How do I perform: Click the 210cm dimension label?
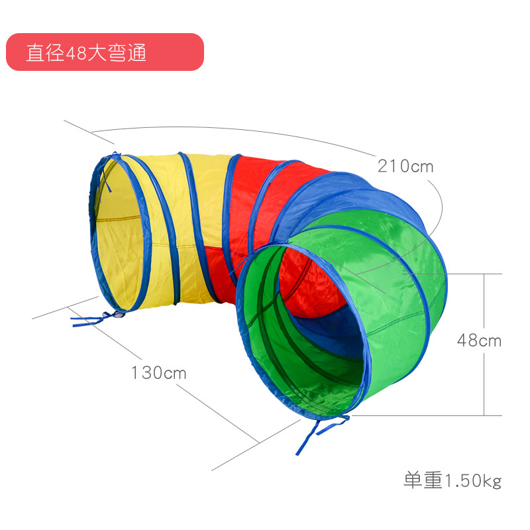pyautogui.click(x=405, y=165)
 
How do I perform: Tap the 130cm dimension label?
pyautogui.click(x=158, y=372)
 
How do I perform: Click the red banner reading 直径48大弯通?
pyautogui.click(x=104, y=52)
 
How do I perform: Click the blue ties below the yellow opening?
pyautogui.click(x=93, y=319)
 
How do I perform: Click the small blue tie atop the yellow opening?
pyautogui.click(x=115, y=158)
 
